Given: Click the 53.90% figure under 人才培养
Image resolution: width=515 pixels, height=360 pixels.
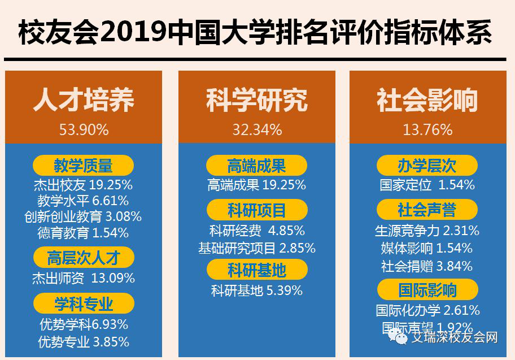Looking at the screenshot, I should [x=84, y=130].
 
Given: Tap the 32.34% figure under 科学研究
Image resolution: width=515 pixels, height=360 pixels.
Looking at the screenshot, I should [x=257, y=130].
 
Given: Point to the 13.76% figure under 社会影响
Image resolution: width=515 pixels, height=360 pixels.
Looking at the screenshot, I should [x=427, y=130].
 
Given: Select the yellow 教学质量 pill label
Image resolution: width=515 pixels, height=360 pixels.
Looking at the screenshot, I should [x=84, y=166].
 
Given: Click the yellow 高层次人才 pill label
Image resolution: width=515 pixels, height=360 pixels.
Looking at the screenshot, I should [x=84, y=258].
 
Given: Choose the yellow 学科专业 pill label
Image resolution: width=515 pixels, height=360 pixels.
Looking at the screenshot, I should [x=84, y=304].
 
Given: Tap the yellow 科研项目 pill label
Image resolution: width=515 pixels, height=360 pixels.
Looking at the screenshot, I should [x=257, y=211].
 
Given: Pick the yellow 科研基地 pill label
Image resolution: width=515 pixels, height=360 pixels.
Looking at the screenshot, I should [x=257, y=270].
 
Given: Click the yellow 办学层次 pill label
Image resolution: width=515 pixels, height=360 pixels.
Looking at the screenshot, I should [x=427, y=166].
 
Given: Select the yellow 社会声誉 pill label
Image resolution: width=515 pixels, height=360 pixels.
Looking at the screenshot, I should [x=427, y=210].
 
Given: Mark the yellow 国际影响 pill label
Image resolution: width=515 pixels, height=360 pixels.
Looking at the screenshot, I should [x=427, y=290].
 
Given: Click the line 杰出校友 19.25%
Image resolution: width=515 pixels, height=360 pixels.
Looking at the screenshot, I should [x=84, y=184].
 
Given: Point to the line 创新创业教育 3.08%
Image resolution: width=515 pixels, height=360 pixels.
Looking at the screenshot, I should [x=84, y=216].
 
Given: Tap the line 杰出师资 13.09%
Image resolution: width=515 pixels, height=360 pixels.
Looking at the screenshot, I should [x=84, y=278].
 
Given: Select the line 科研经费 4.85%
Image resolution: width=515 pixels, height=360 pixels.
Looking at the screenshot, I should [x=257, y=231].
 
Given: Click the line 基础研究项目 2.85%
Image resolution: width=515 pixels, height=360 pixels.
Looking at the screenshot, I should [x=257, y=248].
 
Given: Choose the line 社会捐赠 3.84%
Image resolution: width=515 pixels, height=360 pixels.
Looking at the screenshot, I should [x=427, y=266].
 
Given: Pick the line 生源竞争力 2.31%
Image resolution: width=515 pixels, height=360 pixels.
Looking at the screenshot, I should [x=427, y=231].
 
